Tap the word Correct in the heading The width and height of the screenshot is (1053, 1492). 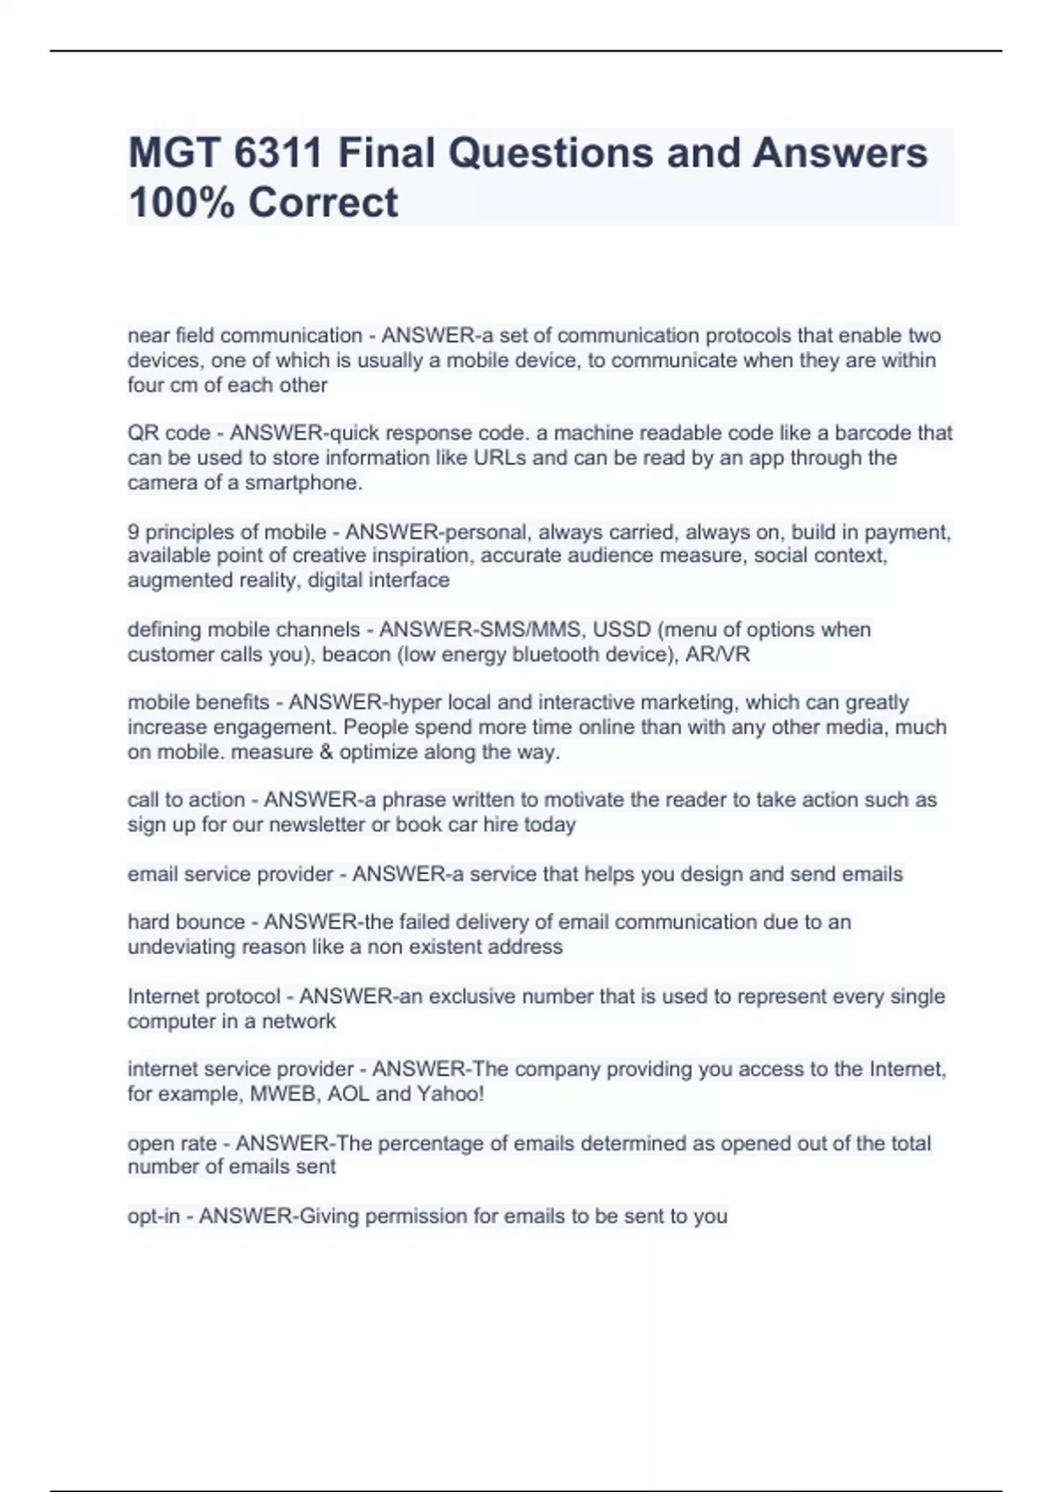pos(323,203)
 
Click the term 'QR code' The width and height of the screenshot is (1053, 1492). pos(168,434)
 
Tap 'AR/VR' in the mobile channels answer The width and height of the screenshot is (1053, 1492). pos(719,655)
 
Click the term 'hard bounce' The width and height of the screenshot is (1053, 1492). pos(186,922)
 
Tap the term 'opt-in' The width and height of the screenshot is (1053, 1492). pos(154,1216)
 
